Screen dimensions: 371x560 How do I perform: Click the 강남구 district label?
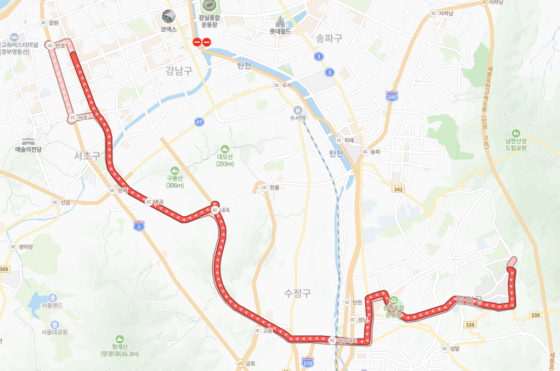point(179,70)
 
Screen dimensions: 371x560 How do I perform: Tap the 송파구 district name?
point(329,38)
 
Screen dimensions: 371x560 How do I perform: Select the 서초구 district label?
point(88,156)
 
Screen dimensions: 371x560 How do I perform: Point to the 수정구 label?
point(298,293)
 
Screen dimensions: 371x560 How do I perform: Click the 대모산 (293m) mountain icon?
point(225,149)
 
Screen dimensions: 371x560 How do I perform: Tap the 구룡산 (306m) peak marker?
point(174,171)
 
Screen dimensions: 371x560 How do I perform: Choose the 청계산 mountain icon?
point(120,338)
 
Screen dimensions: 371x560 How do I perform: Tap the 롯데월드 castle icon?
point(279,21)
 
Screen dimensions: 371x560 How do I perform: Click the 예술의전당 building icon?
point(28,141)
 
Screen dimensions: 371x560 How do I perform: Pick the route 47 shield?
point(199,122)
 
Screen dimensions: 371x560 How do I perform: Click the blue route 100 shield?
point(392,95)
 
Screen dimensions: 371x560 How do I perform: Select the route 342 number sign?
point(399,189)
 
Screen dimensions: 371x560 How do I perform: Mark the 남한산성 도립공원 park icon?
point(516,133)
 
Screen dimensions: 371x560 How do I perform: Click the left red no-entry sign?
point(197,41)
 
